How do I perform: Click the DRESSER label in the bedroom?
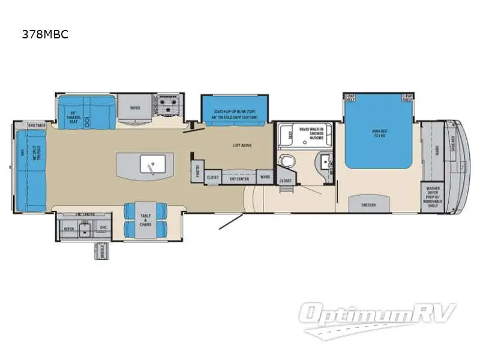tap(368, 205)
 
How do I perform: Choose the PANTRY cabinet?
tap(196, 170)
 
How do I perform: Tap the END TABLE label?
tap(37, 125)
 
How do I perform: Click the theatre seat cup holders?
tap(88, 120)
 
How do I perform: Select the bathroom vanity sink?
tap(325, 161)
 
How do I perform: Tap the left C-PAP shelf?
tap(350, 97)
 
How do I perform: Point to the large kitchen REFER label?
tap(136, 108)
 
